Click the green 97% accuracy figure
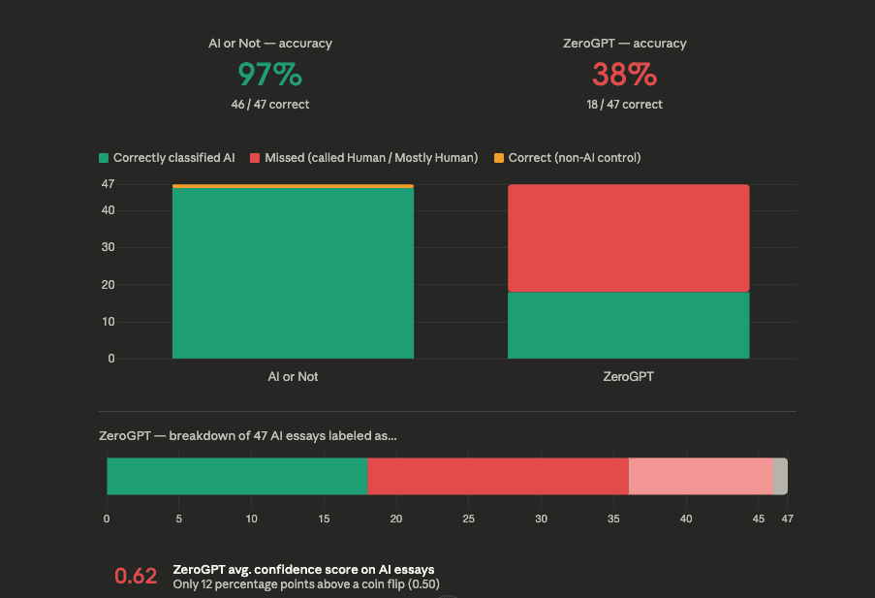270,75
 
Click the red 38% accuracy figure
625,75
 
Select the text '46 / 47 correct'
270,104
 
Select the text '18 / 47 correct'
625,104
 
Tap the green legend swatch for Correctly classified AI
104,158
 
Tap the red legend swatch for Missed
256,158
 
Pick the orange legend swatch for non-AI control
499,158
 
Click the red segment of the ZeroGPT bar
628,237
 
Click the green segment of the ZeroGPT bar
628,325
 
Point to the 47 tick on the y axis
108,184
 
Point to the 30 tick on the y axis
108,247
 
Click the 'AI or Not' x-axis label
293,376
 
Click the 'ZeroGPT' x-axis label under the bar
628,376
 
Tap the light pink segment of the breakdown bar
701,476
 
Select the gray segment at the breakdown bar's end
780,476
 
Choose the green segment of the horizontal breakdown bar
236,476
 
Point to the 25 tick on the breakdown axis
468,519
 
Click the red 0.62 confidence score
136,576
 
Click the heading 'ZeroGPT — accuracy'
625,44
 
